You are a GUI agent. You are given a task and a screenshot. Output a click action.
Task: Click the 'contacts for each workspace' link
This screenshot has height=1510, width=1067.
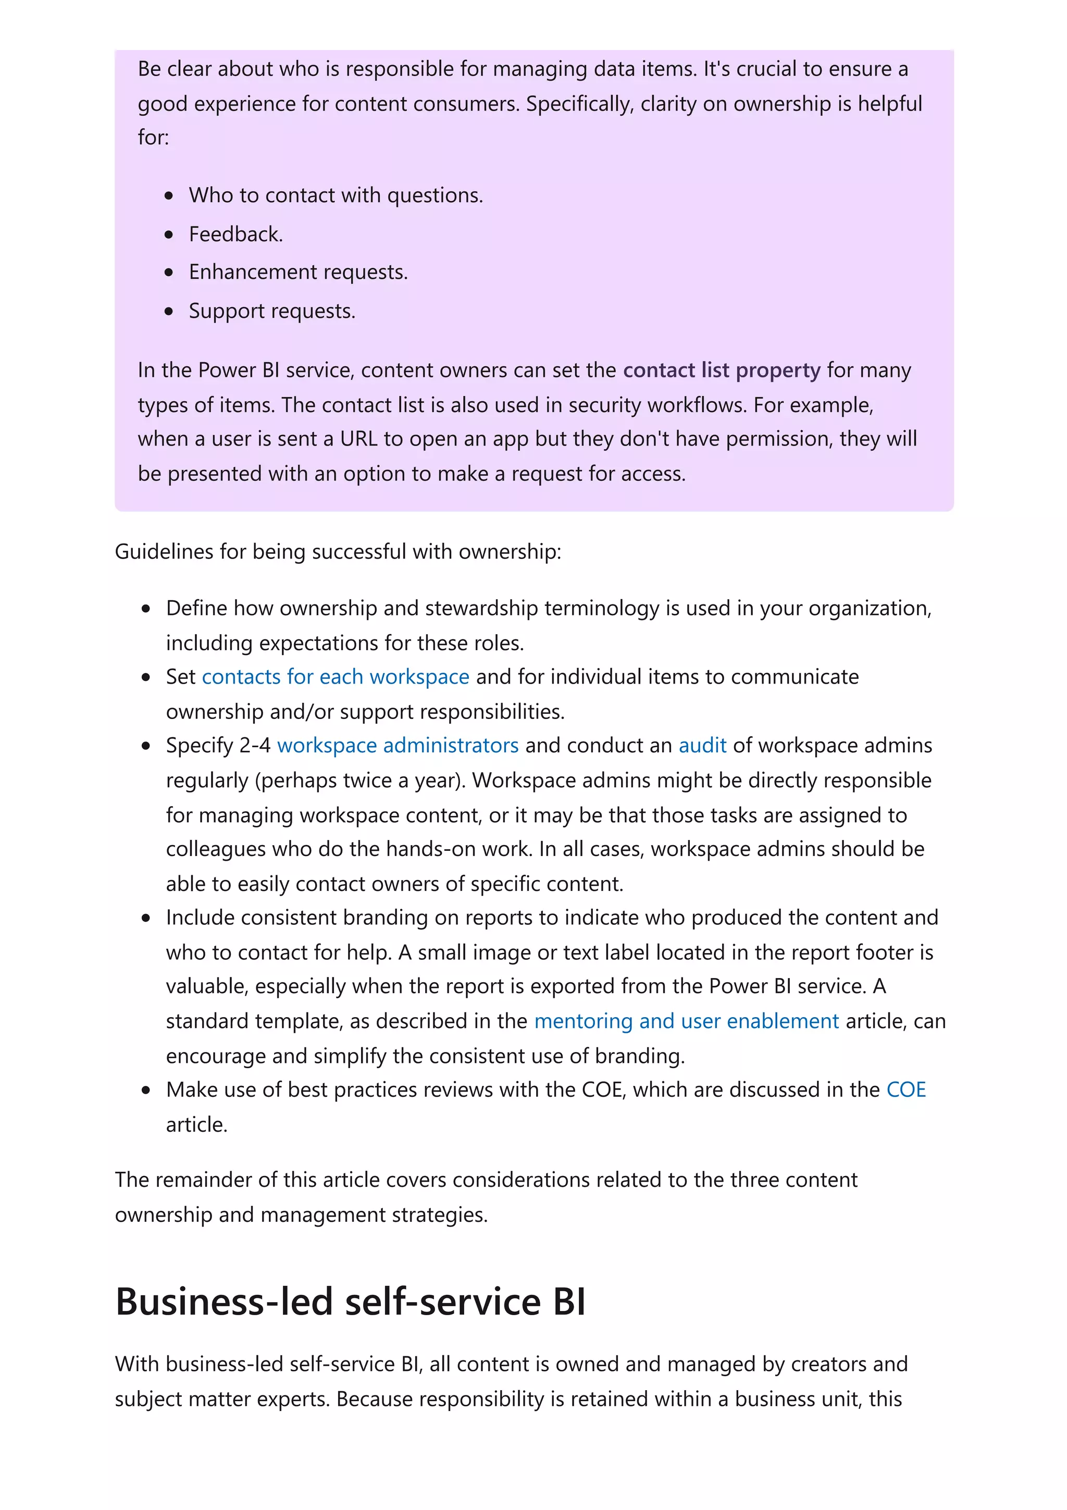[x=336, y=677]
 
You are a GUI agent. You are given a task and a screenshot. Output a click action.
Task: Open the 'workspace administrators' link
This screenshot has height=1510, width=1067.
[x=397, y=745]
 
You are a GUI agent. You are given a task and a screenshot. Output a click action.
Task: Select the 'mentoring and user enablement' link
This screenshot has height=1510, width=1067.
[x=686, y=1021]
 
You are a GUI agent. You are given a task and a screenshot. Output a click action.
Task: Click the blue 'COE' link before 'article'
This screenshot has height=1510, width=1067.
[x=905, y=1090]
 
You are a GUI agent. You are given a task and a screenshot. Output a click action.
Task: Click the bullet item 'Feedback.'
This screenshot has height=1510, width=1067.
[x=235, y=234]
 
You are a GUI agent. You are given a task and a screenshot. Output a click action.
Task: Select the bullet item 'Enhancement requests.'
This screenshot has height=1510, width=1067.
[x=298, y=273]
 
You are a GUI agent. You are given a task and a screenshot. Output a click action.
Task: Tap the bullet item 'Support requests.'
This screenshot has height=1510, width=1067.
[x=271, y=311]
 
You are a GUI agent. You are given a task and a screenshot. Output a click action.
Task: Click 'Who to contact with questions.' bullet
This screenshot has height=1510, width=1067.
[x=336, y=195]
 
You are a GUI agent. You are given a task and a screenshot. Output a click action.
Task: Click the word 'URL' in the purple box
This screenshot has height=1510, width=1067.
[x=358, y=439]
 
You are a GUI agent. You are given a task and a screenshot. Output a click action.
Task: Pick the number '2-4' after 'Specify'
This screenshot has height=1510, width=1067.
[x=254, y=745]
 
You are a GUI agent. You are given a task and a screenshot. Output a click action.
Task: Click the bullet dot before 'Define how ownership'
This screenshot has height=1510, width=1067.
[x=146, y=609]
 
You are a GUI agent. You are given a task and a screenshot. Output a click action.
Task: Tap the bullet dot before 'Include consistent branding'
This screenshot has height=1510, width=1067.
[x=146, y=918]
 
